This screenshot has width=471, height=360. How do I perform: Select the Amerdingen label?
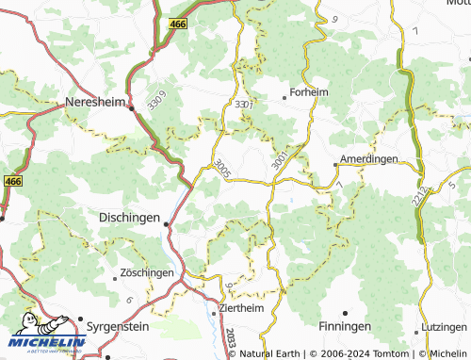368,160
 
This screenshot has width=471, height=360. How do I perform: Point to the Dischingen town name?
128,216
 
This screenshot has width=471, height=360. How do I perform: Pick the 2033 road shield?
230,336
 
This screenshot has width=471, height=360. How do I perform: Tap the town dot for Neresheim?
132,108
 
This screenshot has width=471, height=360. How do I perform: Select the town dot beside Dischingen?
167,224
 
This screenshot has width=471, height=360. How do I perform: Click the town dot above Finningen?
345,312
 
